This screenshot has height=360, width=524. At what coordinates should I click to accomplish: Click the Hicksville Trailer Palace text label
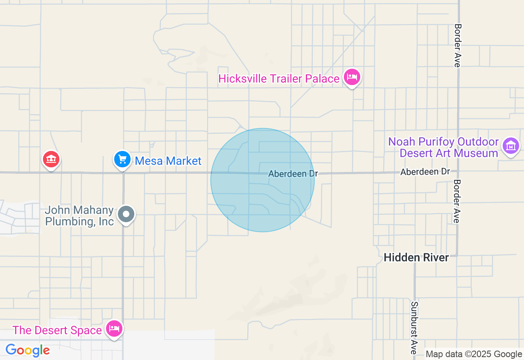(x=279, y=79)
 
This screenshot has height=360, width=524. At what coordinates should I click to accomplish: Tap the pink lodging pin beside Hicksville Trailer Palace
(x=352, y=77)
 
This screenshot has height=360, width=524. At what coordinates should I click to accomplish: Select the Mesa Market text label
(x=168, y=161)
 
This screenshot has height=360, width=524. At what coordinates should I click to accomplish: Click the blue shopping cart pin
(x=122, y=159)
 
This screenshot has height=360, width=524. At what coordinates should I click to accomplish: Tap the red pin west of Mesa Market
(x=51, y=159)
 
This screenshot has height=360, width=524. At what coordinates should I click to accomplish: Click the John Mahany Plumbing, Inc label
(x=79, y=216)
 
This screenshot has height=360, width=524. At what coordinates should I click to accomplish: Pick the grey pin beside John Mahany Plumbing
(x=126, y=214)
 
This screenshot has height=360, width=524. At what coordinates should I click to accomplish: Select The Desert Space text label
(x=57, y=330)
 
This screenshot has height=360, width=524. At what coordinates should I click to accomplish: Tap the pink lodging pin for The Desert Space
(x=114, y=328)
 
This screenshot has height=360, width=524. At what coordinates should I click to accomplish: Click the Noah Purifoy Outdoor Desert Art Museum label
(x=443, y=148)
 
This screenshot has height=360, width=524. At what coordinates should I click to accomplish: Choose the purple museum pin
(x=511, y=146)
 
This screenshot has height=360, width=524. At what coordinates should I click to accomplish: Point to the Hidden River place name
(x=416, y=257)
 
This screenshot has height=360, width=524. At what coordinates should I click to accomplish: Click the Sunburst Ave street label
(x=414, y=328)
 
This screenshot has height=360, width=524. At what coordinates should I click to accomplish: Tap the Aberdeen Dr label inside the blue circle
(x=293, y=174)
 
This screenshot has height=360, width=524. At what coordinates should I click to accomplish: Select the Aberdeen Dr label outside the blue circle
(x=425, y=172)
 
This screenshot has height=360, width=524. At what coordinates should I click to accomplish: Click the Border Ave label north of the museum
(x=458, y=45)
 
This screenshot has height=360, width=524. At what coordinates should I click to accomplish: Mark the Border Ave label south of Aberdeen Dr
(x=457, y=201)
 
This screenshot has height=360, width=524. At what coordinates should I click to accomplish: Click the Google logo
(x=28, y=350)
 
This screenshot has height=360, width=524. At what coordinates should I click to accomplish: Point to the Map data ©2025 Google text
(x=474, y=354)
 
